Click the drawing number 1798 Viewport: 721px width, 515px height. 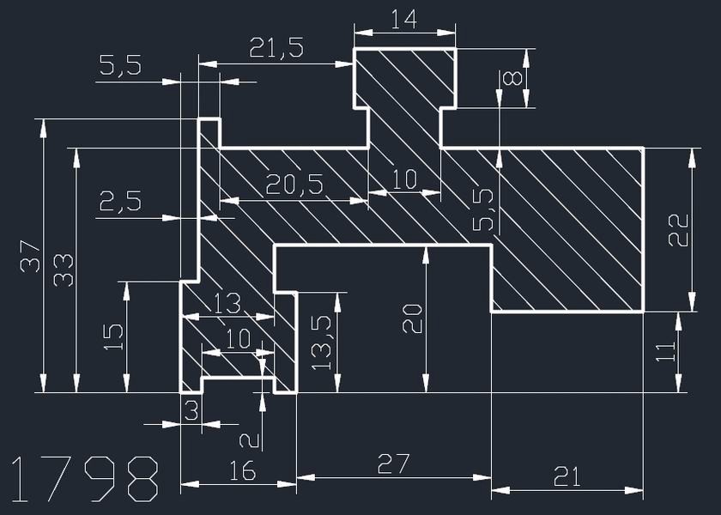85,479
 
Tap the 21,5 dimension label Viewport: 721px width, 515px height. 276,48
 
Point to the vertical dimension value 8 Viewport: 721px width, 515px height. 512,79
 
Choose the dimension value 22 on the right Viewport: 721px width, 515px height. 679,229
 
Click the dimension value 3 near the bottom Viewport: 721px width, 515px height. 191,410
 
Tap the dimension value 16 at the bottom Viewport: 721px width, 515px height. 243,470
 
